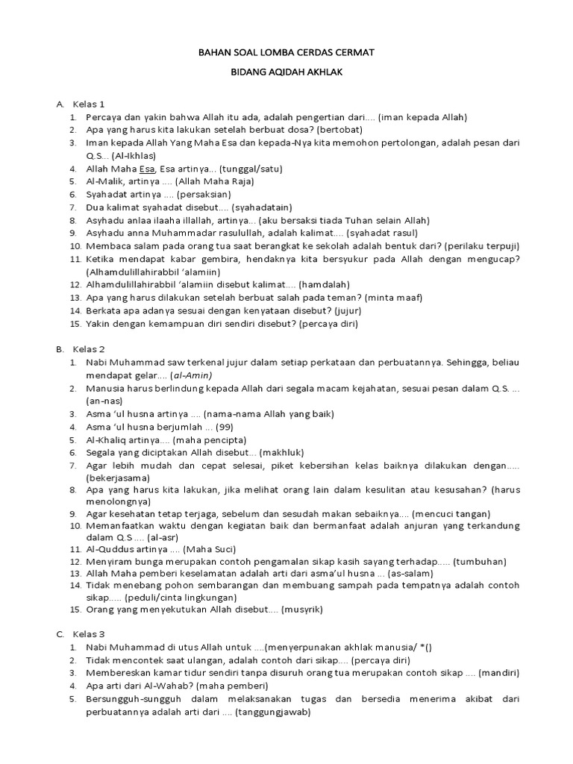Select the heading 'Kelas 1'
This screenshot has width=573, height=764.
(88, 104)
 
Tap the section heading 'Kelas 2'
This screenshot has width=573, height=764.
(88, 349)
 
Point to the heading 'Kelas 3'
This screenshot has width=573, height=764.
(88, 634)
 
